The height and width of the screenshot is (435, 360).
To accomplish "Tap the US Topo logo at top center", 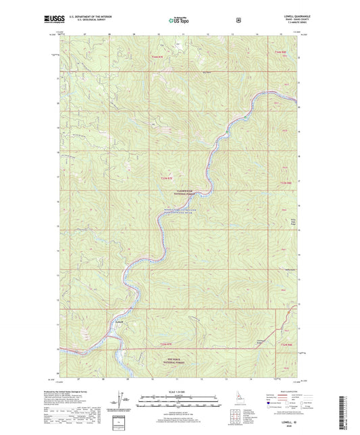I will pyautogui.click(x=179, y=20).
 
